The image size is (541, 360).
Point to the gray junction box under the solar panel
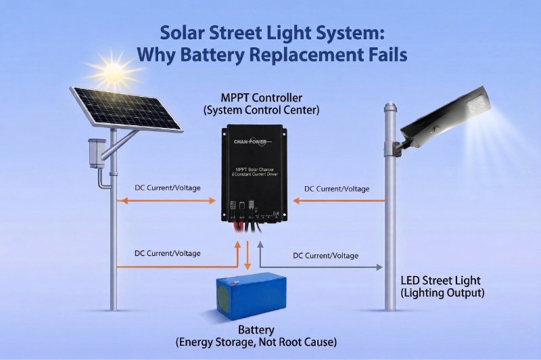(x=95, y=151)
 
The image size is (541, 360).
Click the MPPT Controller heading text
(x=270, y=97)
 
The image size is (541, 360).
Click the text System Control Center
(x=270, y=110)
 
